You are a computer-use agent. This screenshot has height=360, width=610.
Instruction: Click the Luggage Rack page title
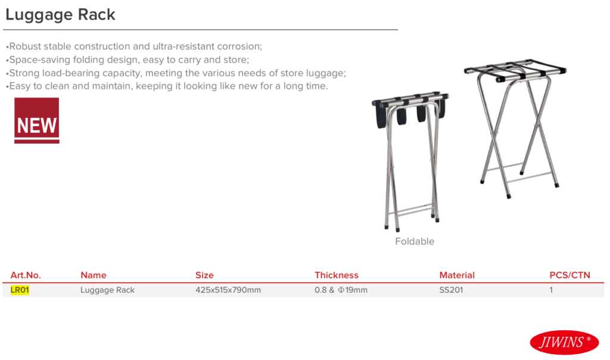pos(60,15)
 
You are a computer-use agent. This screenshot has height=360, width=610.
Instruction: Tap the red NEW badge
pos(36,120)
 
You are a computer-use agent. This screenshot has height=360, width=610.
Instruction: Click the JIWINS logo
pos(564,343)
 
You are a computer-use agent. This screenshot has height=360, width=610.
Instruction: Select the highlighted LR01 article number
pos(20,290)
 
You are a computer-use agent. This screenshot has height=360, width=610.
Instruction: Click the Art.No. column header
pos(26,275)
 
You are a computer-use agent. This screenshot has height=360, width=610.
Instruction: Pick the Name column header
pos(94,275)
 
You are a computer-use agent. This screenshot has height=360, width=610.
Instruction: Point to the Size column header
pos(204,275)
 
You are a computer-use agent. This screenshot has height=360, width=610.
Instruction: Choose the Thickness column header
pos(337,275)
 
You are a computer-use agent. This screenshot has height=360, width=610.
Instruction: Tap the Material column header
pos(457,275)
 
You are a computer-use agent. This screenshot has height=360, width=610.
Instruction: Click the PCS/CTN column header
pos(569,275)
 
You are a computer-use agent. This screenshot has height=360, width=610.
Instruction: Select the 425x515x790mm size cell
pos(228,290)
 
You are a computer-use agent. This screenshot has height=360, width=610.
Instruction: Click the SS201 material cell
pos(451,290)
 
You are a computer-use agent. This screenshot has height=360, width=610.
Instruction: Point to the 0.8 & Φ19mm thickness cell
pos(341,290)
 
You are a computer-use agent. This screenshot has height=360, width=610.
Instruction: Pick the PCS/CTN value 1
pos(551,290)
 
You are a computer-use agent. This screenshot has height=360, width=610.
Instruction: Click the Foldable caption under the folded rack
pos(415,241)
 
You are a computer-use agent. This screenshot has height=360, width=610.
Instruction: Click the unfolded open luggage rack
pos(515,128)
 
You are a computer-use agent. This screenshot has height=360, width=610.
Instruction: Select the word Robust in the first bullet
pos(25,46)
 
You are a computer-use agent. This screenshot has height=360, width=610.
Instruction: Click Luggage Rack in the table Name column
pos(107,290)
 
